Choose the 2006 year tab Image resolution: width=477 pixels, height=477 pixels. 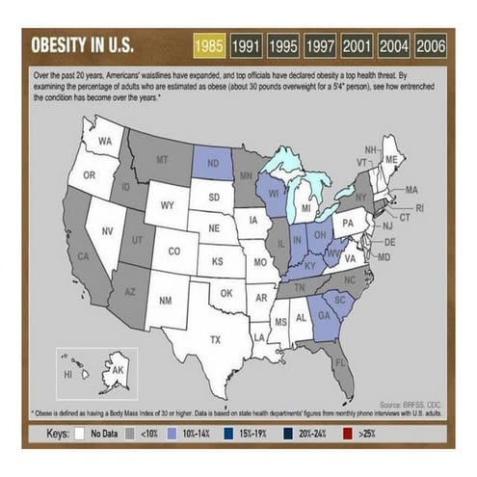(x=430, y=45)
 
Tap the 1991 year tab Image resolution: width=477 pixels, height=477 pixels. (x=246, y=45)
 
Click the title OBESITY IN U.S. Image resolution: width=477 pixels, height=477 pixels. (x=82, y=46)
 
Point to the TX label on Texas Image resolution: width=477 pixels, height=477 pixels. (x=215, y=338)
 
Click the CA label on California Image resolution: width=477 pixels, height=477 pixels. (x=83, y=256)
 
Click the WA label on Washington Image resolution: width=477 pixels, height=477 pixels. (x=106, y=142)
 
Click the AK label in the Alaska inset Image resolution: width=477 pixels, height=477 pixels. (x=118, y=370)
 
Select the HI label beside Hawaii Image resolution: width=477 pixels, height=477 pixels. (x=67, y=373)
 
